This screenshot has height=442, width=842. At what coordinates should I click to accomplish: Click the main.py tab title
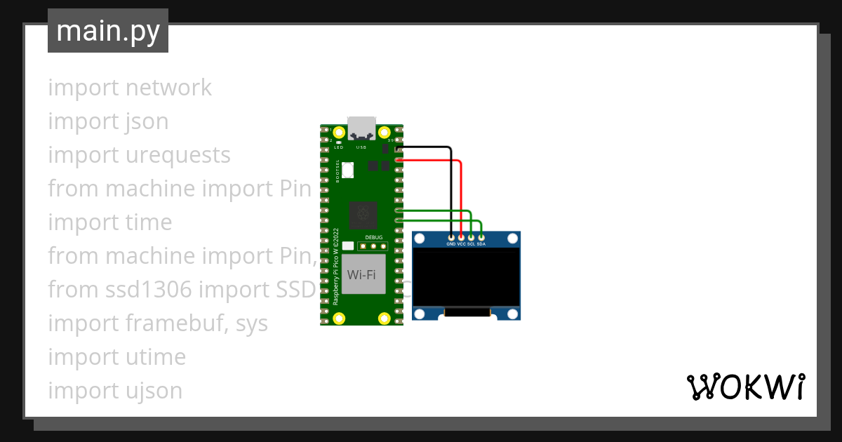click(x=108, y=31)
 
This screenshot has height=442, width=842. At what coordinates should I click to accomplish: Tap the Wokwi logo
click(x=745, y=387)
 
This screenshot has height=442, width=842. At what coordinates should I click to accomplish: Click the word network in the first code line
click(x=168, y=88)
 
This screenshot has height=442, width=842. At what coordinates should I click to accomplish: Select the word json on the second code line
click(x=147, y=121)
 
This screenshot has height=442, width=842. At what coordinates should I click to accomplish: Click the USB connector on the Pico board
click(x=362, y=128)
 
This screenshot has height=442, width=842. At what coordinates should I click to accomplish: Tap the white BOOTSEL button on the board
click(x=350, y=169)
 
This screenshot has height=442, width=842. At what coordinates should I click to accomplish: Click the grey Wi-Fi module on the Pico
click(x=363, y=274)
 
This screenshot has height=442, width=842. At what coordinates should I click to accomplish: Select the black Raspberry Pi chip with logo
click(x=363, y=214)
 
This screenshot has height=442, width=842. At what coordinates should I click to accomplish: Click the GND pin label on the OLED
click(x=451, y=244)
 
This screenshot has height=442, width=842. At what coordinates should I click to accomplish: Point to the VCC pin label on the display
click(x=461, y=244)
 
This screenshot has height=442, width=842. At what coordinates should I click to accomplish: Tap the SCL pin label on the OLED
click(x=471, y=244)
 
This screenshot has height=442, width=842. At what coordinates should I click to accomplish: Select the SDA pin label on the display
click(x=481, y=244)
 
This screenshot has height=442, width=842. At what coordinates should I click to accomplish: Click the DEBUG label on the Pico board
click(x=374, y=238)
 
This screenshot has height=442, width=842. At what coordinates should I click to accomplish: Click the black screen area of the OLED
click(x=466, y=279)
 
